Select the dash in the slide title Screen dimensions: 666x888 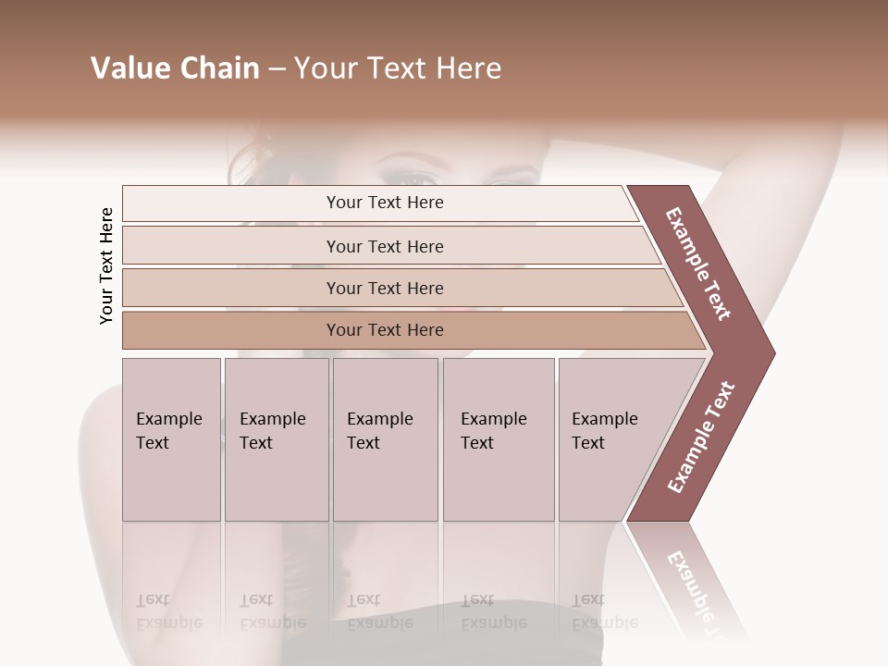[x=277, y=69]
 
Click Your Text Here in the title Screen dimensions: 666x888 [x=398, y=68]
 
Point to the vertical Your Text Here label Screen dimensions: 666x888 [x=106, y=265]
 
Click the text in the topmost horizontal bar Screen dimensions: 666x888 [x=385, y=203]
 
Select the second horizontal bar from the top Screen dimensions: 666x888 [x=385, y=246]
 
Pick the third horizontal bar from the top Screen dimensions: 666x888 [x=385, y=288]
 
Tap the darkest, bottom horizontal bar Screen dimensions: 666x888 [x=385, y=330]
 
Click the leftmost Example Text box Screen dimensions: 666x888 [x=171, y=439]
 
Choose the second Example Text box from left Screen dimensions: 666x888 [x=276, y=439]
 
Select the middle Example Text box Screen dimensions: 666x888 [x=385, y=439]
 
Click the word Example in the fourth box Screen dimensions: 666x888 [x=494, y=419]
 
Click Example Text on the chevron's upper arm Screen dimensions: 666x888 [x=699, y=264]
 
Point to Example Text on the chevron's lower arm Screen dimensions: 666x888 [x=701, y=437]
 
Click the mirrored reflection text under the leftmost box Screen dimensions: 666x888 [x=168, y=611]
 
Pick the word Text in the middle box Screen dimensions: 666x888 [x=364, y=443]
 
